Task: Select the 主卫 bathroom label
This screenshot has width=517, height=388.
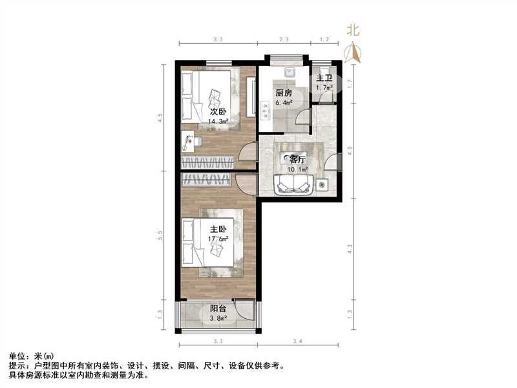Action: [x=324, y=78]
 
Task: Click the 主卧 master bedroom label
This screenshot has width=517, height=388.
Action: [x=217, y=229]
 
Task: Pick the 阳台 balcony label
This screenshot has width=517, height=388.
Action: [x=218, y=308]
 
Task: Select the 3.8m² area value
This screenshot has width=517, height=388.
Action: [x=220, y=318]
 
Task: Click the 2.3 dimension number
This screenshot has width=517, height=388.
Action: [x=284, y=40]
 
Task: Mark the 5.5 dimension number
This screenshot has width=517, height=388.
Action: [x=160, y=237]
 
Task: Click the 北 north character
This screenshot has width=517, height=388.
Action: [x=352, y=29]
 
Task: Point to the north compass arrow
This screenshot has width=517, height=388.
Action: [x=353, y=52]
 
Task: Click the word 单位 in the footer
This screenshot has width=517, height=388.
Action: [x=17, y=356]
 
